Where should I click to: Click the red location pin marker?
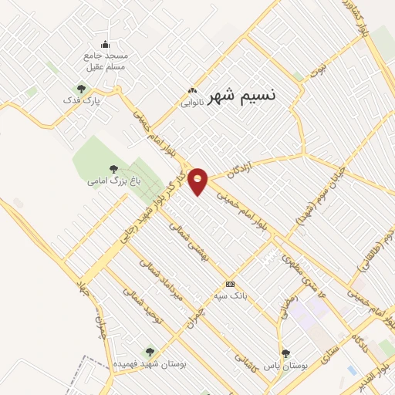pyautogui.click(x=199, y=181)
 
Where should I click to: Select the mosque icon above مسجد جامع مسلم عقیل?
pyautogui.click(x=105, y=44)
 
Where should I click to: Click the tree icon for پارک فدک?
pyautogui.click(x=81, y=89)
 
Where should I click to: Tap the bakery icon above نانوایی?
pyautogui.click(x=193, y=89)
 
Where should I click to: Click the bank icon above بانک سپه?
pyautogui.click(x=229, y=284)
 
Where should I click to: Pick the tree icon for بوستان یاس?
pyautogui.click(x=286, y=353)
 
